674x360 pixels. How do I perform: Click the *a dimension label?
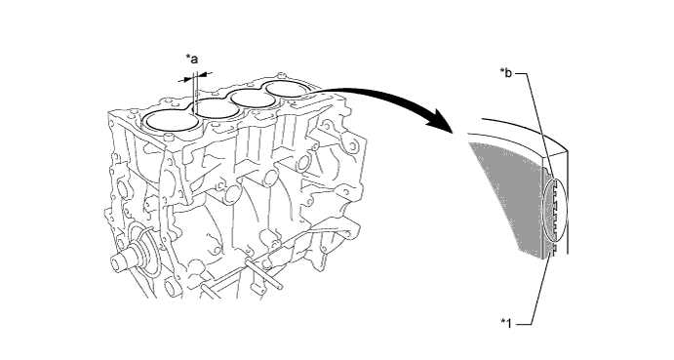tap(192, 59)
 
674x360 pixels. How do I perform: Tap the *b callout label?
tap(506, 73)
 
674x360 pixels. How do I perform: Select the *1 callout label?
tap(507, 323)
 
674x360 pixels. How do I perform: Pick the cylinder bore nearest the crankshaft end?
tap(172, 120)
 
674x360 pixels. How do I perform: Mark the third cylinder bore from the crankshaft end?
tap(254, 99)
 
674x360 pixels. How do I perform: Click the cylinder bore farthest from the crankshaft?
tap(286, 89)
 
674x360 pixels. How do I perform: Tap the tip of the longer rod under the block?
tap(281, 285)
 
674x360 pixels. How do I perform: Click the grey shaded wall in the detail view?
tap(507, 198)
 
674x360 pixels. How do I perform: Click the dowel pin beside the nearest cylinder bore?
tap(169, 137)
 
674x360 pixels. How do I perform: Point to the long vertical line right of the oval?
tap(568, 202)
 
